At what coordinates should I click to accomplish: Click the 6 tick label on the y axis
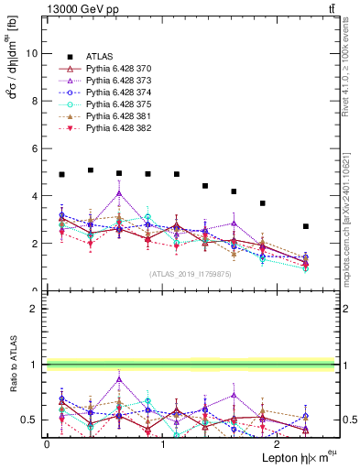[x=34, y=148]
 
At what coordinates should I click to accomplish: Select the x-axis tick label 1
[x=162, y=443]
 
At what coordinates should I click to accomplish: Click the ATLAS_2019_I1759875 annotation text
[x=189, y=274]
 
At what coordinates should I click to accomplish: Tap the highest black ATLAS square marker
[x=91, y=170]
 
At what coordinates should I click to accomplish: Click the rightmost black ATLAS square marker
[x=306, y=226]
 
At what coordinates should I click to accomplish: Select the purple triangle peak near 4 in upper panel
[x=119, y=193]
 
